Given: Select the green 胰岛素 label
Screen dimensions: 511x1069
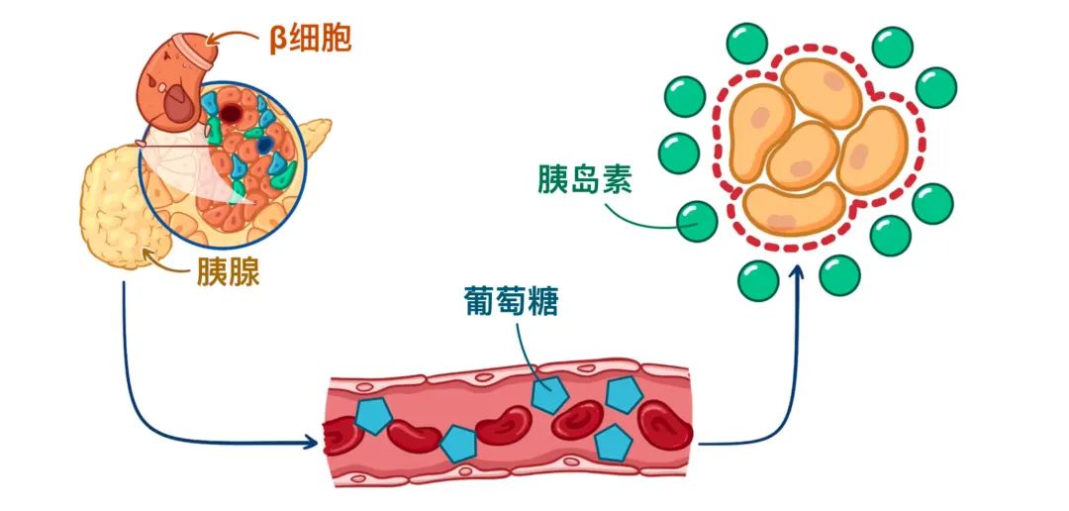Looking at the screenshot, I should point(585,179).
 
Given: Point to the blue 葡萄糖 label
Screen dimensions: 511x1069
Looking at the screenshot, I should point(510,300).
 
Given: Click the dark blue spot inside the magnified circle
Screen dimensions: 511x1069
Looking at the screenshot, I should point(264,145).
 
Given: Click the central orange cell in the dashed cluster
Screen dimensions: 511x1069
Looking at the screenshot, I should point(803,154).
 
